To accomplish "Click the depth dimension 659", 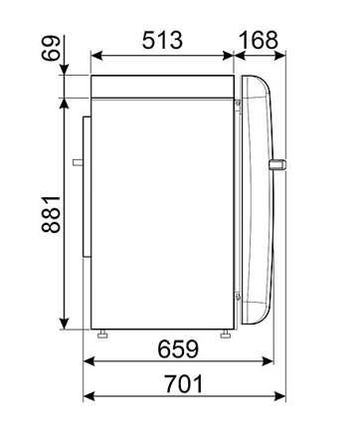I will click(176, 349).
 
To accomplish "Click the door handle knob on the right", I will click(277, 164).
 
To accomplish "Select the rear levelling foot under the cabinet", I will click(101, 333).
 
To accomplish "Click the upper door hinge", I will click(238, 101).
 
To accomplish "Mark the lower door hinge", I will click(238, 294).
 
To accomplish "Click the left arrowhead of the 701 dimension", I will click(88, 397).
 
